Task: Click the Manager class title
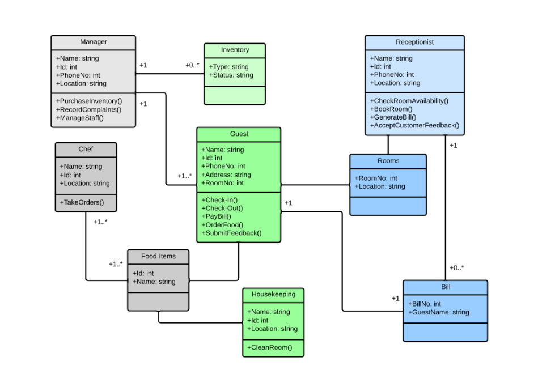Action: pyautogui.click(x=93, y=42)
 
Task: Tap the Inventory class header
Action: pyautogui.click(x=235, y=50)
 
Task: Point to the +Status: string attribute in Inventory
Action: pyautogui.click(x=231, y=75)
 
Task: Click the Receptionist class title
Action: pyautogui.click(x=414, y=42)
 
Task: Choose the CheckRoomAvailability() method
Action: pyautogui.click(x=409, y=101)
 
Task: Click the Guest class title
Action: pyautogui.click(x=239, y=134)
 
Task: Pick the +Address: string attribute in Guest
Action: pyautogui.click(x=226, y=175)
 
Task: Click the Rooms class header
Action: pyautogui.click(x=388, y=161)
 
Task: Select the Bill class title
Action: pyautogui.click(x=446, y=287)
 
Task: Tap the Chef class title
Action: pyautogui.click(x=86, y=149)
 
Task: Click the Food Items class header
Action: pyautogui.click(x=158, y=256)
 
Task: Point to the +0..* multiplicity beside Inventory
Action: pyautogui.click(x=192, y=65)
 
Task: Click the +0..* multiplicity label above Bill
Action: pyautogui.click(x=457, y=267)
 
